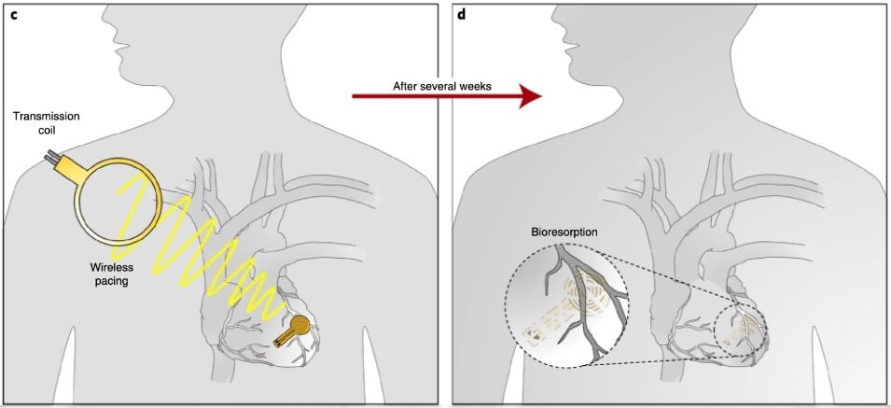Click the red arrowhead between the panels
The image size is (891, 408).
[529, 96]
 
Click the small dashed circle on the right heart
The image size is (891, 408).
[740, 328]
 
